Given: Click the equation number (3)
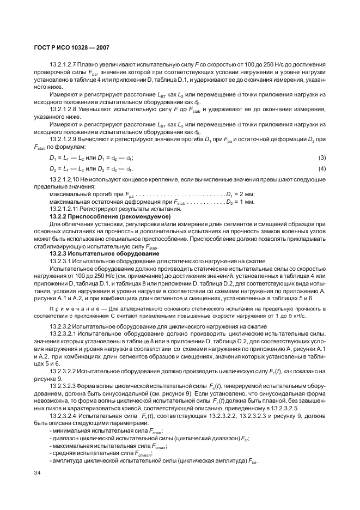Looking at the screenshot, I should [322, 157].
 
